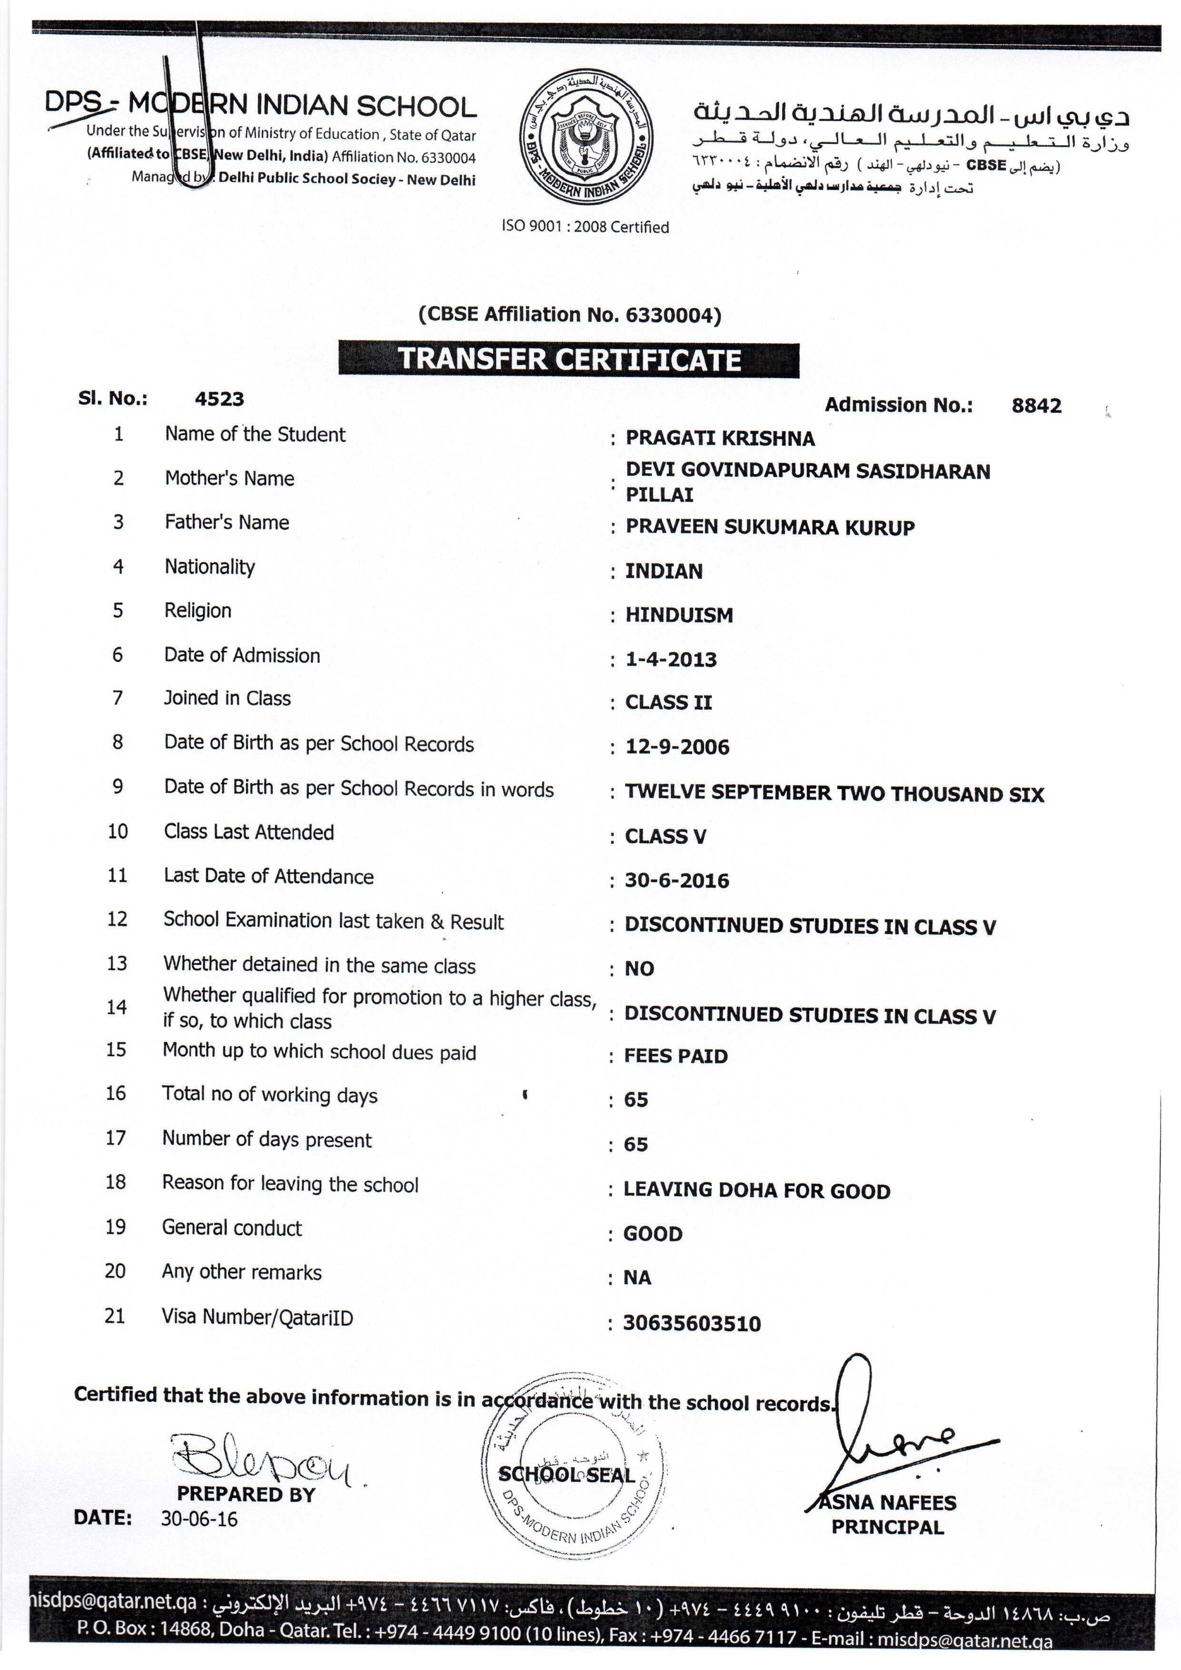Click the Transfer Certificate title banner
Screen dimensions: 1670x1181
tap(569, 360)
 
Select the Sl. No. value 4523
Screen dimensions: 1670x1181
tap(219, 399)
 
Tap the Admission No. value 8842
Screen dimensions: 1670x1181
tap(1036, 406)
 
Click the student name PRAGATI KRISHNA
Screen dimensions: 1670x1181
tap(720, 439)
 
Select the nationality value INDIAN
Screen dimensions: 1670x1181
tap(664, 571)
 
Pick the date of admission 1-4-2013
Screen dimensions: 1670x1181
tap(671, 660)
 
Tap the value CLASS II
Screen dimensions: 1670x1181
tap(668, 703)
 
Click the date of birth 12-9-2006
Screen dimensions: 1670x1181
tap(677, 747)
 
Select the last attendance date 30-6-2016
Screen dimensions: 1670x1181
tap(676, 881)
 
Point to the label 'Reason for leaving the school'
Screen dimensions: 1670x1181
tap(290, 1184)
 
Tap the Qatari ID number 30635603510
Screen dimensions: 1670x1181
tap(692, 1323)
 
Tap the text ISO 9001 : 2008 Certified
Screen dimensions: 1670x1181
tap(585, 227)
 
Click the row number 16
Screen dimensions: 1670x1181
tap(116, 1093)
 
